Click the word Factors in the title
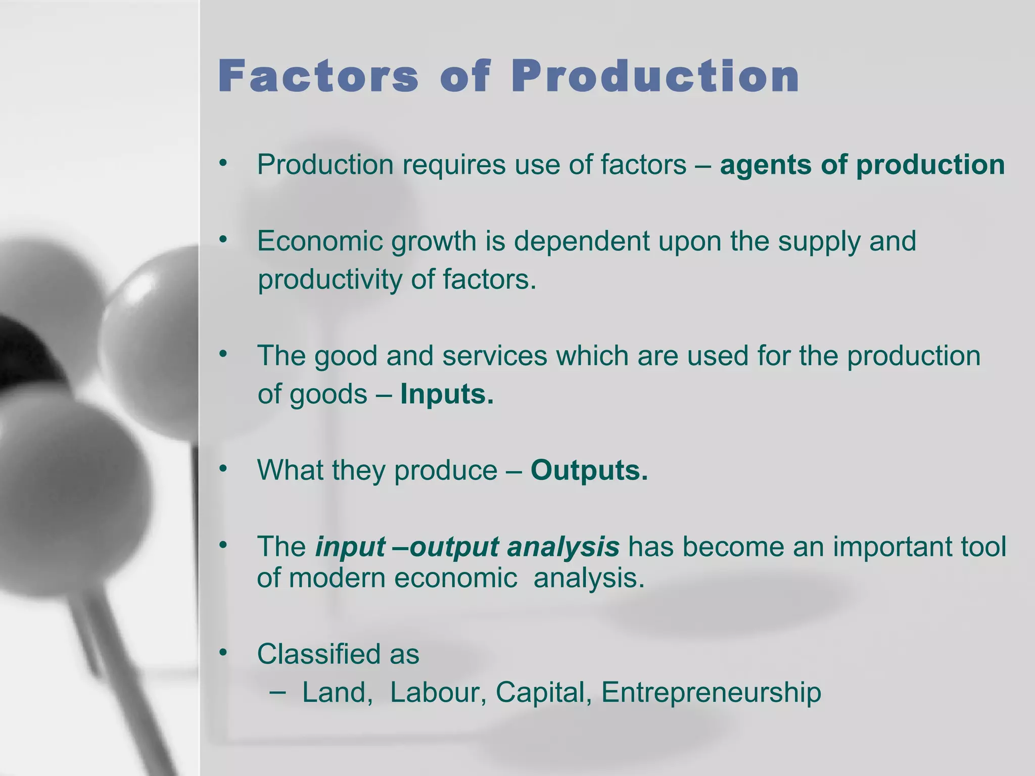318,77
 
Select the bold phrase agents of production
862,165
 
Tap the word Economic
320,241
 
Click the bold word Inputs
446,394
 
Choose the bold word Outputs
589,470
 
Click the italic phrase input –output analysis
467,547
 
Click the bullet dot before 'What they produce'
223,469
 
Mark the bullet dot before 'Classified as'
223,652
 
